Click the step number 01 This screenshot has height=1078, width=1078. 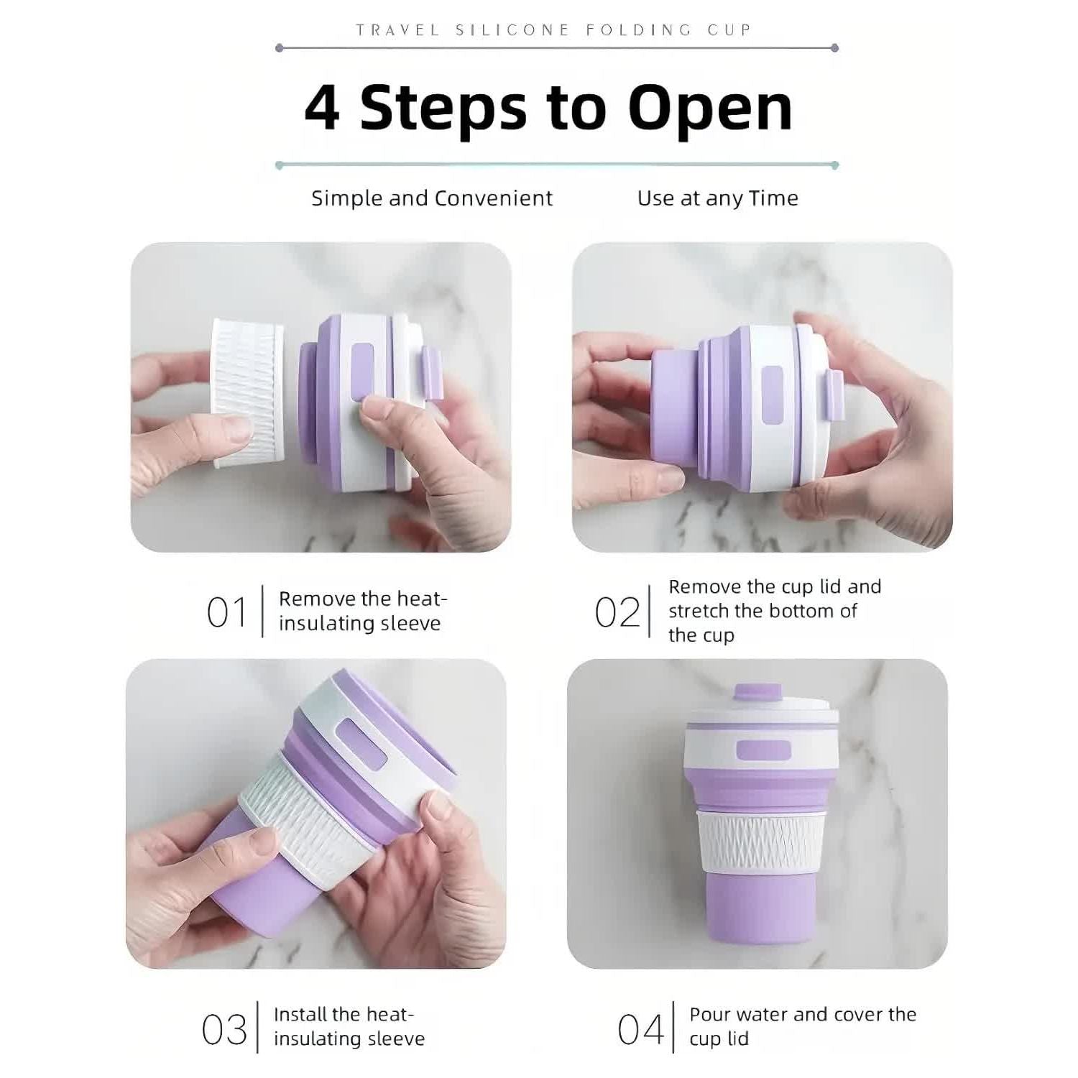coord(226,613)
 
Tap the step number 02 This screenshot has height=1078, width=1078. coord(617,613)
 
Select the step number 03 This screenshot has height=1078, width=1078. coord(224,1030)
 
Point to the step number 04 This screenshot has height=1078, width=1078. coord(641,1030)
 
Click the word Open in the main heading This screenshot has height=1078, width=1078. coord(710,109)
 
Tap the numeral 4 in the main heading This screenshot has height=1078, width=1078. coord(322,108)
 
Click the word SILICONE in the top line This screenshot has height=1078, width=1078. coord(512,30)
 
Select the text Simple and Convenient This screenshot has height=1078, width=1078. coord(432,198)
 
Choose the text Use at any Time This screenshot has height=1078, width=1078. coord(718,198)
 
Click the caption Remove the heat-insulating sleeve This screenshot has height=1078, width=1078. coord(363,611)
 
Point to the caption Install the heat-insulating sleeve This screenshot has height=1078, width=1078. coord(349,1026)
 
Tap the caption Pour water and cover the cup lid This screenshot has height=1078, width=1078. coord(803,1026)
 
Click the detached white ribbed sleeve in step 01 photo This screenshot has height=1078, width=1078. coord(247,394)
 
